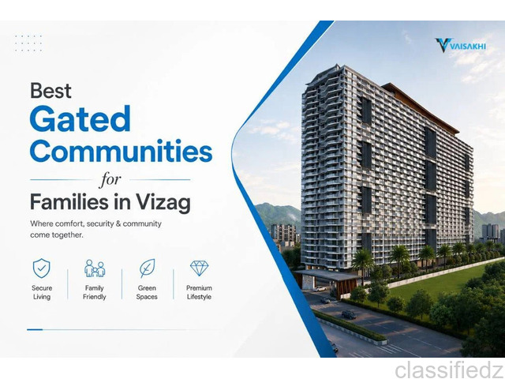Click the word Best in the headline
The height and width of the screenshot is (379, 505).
click(50, 91)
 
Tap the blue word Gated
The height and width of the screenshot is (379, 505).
click(80, 118)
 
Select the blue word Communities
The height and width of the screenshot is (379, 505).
click(121, 151)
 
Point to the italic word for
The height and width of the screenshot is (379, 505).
click(110, 180)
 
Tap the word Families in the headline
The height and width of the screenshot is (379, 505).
click(70, 202)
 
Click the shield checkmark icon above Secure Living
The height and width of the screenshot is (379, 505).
click(42, 268)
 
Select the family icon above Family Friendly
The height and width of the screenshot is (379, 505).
click(95, 268)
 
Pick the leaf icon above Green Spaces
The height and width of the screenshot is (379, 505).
click(147, 268)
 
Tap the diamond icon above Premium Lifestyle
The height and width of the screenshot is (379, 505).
click(199, 268)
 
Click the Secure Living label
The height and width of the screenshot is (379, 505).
click(42, 292)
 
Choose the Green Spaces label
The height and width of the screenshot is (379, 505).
click(147, 292)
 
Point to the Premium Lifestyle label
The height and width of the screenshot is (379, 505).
click(199, 292)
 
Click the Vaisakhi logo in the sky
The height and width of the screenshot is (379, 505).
click(460, 45)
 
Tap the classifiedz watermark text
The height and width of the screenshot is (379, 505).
click(450, 370)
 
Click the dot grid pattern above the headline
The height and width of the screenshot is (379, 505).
click(28, 43)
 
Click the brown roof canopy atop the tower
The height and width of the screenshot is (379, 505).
click(421, 108)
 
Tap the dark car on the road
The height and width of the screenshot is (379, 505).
click(349, 314)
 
